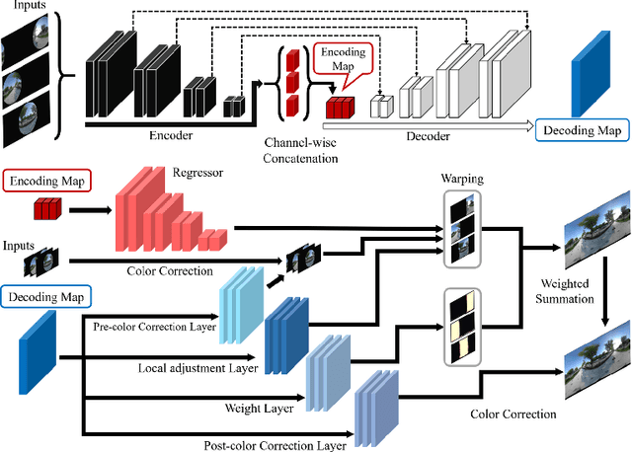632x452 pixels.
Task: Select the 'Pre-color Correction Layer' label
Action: click(152, 325)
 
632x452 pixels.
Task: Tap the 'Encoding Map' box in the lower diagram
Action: click(46, 181)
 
